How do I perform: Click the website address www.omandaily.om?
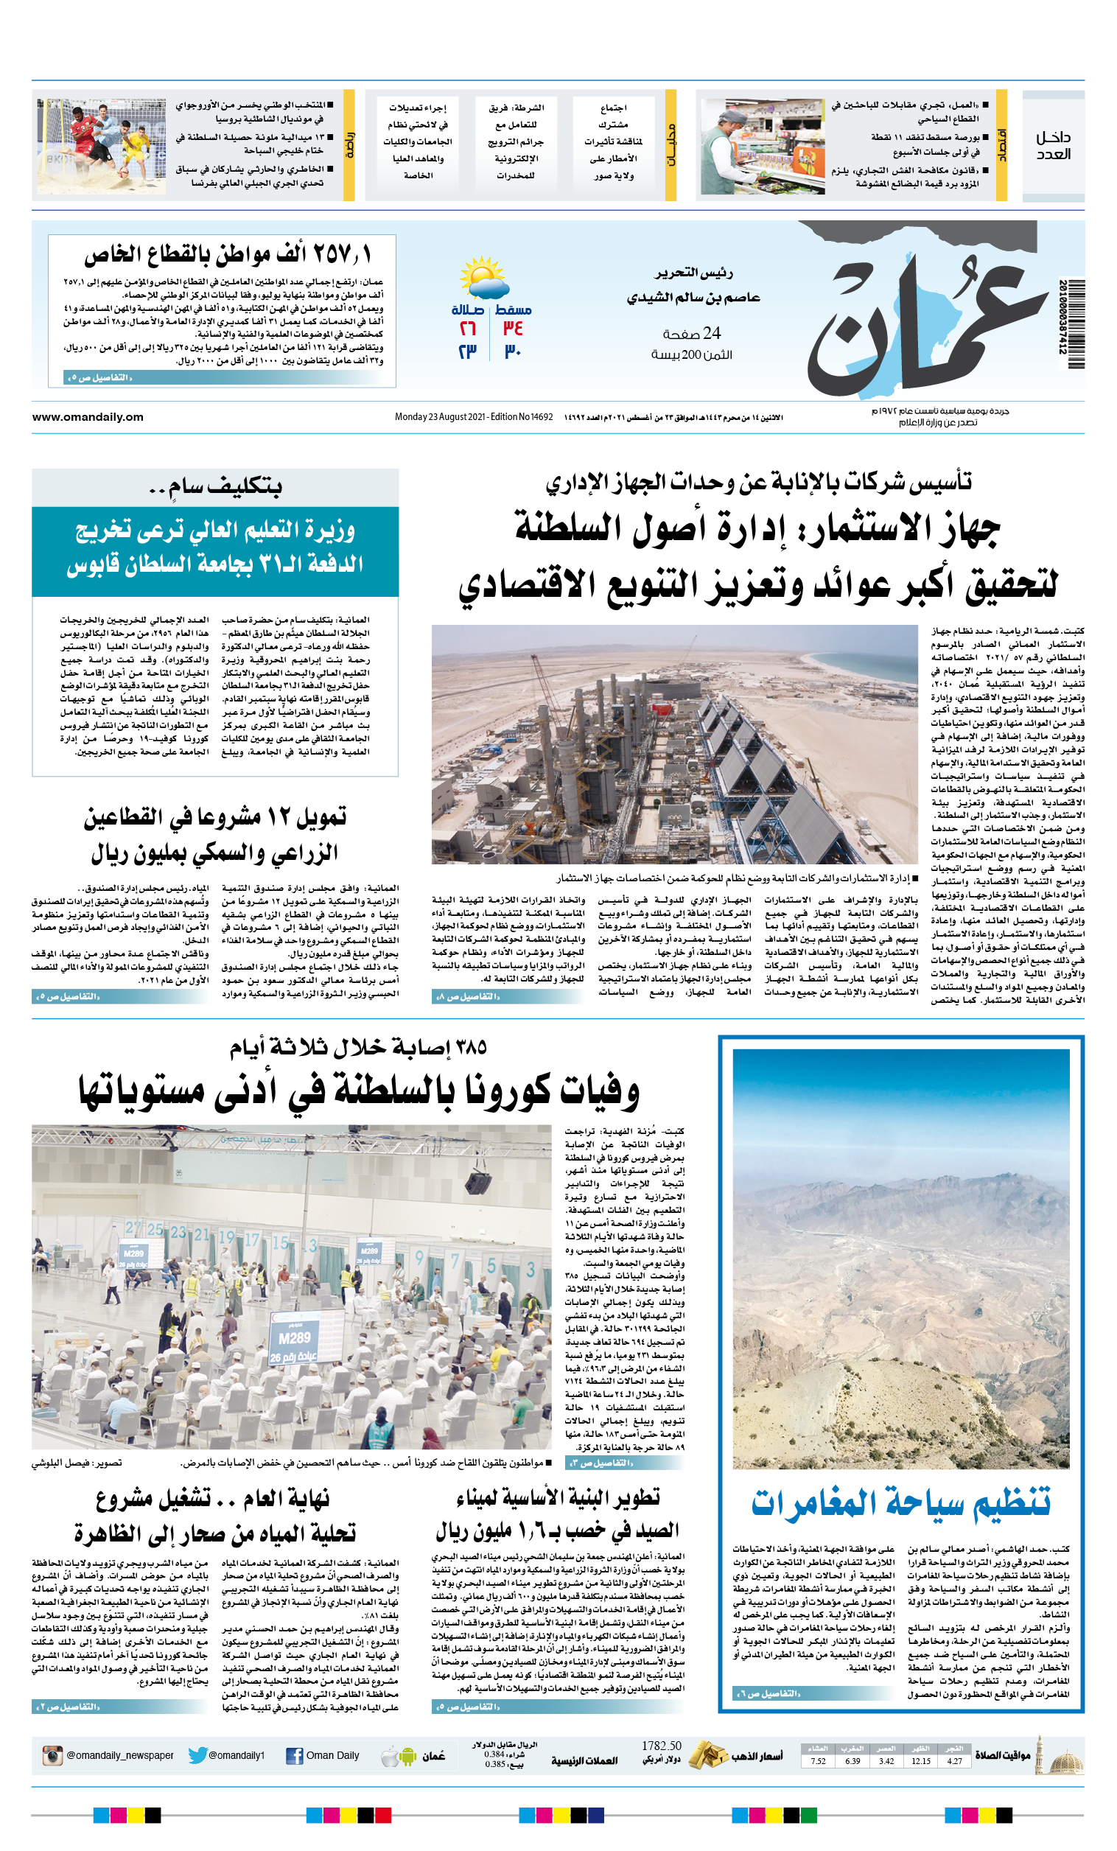[88, 417]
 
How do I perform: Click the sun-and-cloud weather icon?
[483, 279]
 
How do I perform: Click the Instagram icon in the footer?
[52, 1756]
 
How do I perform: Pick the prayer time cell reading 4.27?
[954, 1761]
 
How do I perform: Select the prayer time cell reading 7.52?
[818, 1761]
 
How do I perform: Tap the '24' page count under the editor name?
[711, 333]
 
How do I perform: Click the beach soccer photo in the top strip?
[102, 147]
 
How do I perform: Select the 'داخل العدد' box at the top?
[1053, 146]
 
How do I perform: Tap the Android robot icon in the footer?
[408, 1757]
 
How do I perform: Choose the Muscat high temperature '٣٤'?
[513, 329]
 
